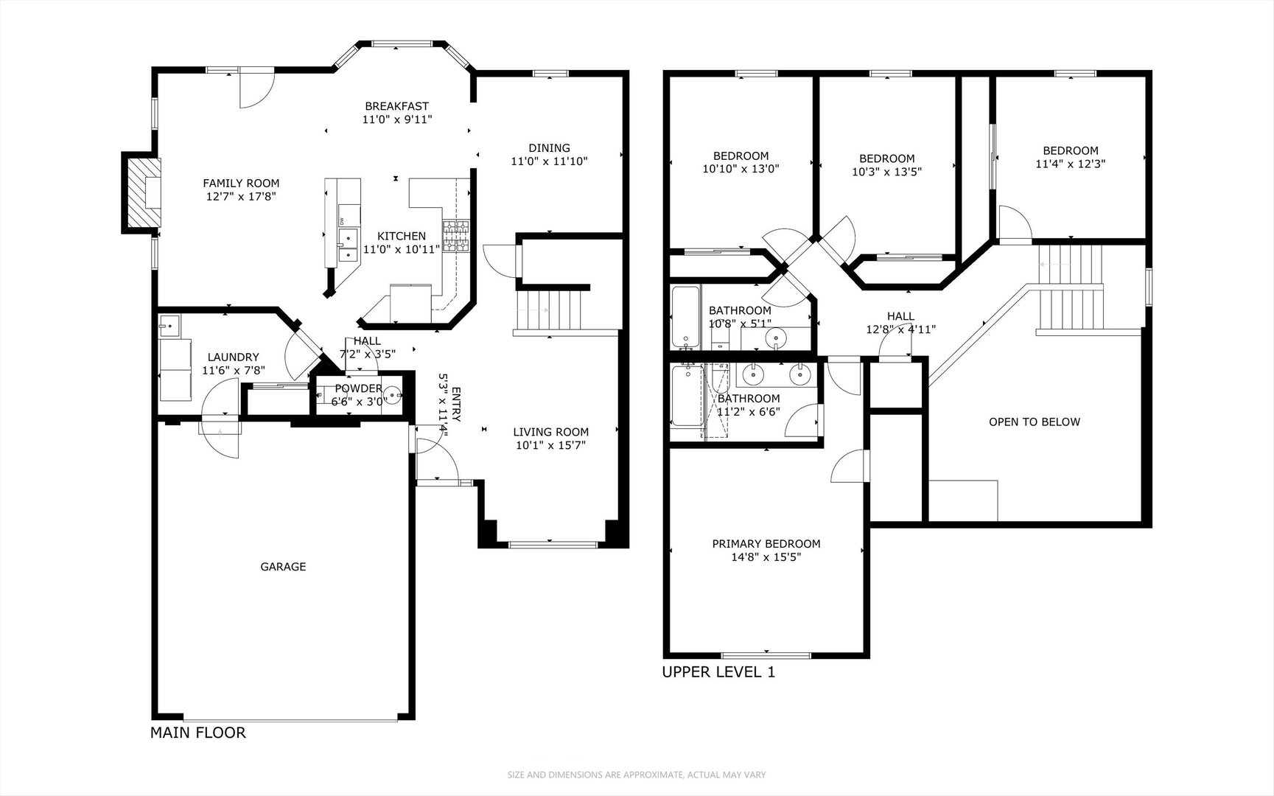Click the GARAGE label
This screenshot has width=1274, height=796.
coord(283,567)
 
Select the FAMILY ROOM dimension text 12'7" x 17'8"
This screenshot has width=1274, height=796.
coord(241,197)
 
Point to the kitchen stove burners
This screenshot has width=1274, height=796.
coord(456,236)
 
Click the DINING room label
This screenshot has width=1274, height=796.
coord(549,147)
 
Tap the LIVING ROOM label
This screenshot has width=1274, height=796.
coord(551,432)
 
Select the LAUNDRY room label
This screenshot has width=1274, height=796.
coord(233,357)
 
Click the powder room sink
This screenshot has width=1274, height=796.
coord(393,396)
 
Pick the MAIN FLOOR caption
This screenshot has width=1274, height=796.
coord(197,733)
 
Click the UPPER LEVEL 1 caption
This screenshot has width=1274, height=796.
coord(718,672)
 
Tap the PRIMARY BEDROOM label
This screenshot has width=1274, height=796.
coord(766,544)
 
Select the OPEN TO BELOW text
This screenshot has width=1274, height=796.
coord(1035,422)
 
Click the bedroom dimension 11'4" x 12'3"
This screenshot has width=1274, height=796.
coord(1071,164)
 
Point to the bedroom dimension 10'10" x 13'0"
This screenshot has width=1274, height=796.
coord(741,168)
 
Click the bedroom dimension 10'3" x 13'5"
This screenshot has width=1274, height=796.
coord(887,172)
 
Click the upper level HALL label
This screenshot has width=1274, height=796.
coord(900,316)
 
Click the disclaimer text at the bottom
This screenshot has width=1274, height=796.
coord(637,775)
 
